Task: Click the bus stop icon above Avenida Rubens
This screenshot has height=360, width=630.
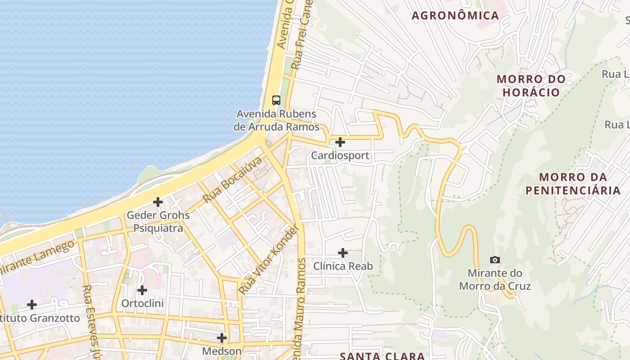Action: coord(276,100)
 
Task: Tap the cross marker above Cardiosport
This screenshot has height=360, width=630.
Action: coord(340,142)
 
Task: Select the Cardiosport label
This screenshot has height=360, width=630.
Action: coord(340,156)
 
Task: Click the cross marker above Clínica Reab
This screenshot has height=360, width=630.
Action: coord(343,253)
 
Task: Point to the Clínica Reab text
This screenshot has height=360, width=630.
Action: coord(343,266)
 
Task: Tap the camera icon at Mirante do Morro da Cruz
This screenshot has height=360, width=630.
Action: coord(495,260)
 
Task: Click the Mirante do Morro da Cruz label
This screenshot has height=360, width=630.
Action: coord(495,279)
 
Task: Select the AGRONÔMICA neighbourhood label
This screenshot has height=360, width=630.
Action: coord(455,15)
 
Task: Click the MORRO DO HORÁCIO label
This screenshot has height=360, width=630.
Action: coord(531,85)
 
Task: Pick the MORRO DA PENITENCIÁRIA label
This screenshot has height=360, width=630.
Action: coord(573,184)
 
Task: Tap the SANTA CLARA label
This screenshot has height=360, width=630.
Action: coord(382,355)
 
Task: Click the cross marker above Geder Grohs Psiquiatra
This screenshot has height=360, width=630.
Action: coord(158,202)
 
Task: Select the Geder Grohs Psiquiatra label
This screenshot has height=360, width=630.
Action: coord(158,221)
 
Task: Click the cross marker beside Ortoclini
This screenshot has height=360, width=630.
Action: coord(142,290)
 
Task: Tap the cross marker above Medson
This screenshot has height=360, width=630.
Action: coord(222,337)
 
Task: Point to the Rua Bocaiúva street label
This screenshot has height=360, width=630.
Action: coord(232,180)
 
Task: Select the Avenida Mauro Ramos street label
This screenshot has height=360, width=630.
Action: coord(301,315)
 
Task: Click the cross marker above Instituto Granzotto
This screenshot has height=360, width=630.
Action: coord(32,305)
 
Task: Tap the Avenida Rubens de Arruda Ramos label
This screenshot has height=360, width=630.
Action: coord(276,120)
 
